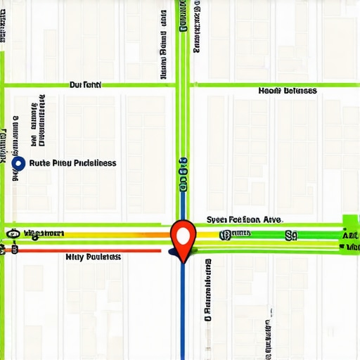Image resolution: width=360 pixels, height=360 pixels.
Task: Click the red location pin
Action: pyautogui.click(x=183, y=234)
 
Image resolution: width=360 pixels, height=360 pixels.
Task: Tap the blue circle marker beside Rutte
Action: pyautogui.click(x=19, y=163)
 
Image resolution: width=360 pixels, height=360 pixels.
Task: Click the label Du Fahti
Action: pyautogui.click(x=86, y=84)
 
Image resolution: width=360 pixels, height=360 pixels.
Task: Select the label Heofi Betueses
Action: pyautogui.click(x=287, y=91)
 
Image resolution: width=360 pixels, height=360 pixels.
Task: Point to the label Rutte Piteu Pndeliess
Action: pyautogui.click(x=74, y=163)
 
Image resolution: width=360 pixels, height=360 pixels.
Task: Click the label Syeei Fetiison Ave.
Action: pyautogui.click(x=244, y=219)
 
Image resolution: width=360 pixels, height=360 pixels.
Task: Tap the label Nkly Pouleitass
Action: pyautogui.click(x=93, y=257)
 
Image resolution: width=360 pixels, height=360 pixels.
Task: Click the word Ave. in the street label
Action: pyautogui.click(x=272, y=219)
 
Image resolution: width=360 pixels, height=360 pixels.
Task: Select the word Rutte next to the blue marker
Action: pyautogui.click(x=42, y=163)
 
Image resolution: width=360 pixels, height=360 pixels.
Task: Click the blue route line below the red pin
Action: pyautogui.click(x=183, y=309)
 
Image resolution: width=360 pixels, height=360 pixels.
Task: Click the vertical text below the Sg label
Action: pyautogui.click(x=270, y=330)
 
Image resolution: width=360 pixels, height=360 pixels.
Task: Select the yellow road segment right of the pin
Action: pyautogui.click(x=211, y=239)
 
